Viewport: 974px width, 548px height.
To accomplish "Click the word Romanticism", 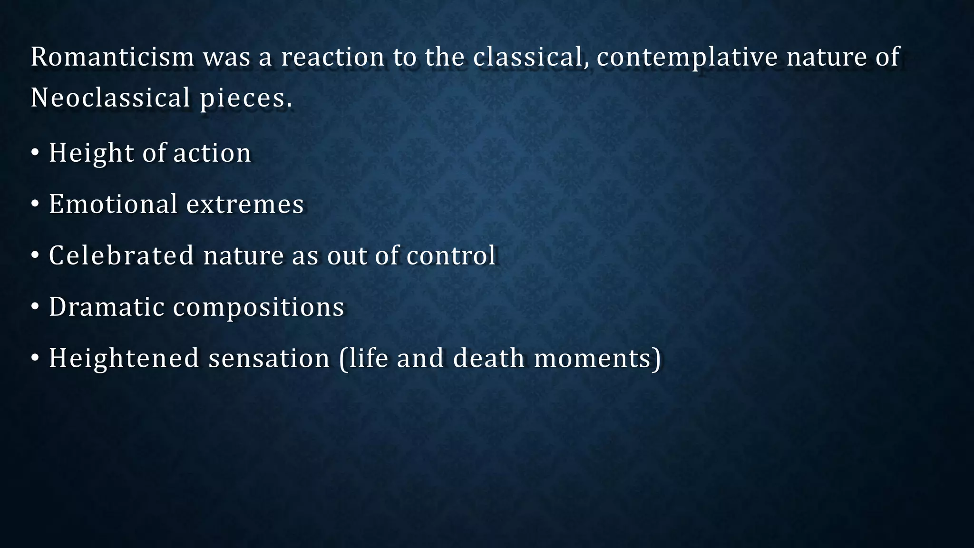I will click(x=112, y=57).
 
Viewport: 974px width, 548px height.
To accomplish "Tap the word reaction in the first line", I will click(x=332, y=57).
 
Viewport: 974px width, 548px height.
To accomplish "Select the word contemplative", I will click(x=687, y=58).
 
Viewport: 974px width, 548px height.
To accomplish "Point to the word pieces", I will click(x=245, y=98).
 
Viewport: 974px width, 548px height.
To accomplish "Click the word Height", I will click(x=91, y=154).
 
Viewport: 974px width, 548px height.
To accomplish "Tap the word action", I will click(x=212, y=153).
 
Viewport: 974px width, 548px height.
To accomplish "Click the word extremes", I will click(x=245, y=205).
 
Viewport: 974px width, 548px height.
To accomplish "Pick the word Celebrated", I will click(x=121, y=255).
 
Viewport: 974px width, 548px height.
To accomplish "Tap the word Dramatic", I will click(x=107, y=307).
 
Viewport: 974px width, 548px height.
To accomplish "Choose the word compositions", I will click(x=258, y=308).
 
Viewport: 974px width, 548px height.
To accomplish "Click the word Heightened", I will click(x=124, y=359).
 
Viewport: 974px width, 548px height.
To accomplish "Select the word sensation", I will click(x=269, y=359).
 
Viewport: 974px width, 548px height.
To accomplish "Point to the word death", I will click(x=488, y=358).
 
